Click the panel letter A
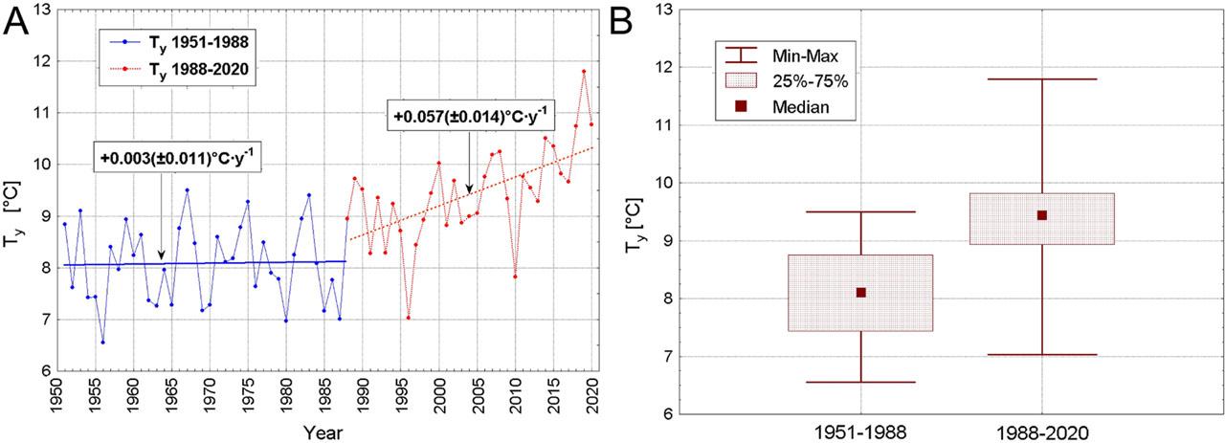17,21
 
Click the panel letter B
632,21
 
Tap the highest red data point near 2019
584,72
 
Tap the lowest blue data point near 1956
102,342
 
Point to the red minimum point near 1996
409,317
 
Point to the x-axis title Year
322,432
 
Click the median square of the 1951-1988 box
860,293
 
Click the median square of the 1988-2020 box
1042,215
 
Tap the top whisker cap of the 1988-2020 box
1042,79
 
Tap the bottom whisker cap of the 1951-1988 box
860,382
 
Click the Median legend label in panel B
801,107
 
